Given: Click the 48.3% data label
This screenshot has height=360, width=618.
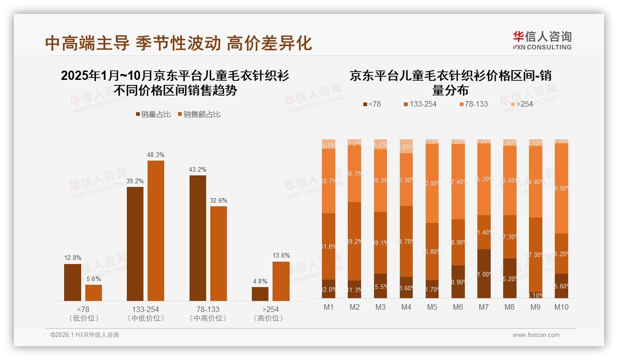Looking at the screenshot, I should [155, 155].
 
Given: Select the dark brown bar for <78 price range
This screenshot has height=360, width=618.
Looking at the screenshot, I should [72, 282].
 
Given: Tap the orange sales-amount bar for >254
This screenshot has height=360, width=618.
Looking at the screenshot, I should [281, 281].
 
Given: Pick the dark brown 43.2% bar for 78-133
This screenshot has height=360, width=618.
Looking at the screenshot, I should [198, 238].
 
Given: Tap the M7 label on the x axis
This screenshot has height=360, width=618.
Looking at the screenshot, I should [483, 307].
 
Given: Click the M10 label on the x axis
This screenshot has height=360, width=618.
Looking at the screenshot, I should [561, 307].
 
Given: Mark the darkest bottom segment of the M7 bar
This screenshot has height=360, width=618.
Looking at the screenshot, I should [483, 274].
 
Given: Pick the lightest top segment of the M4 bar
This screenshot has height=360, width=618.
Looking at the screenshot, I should [406, 146].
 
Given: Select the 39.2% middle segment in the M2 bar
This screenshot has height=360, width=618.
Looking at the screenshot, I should [355, 241].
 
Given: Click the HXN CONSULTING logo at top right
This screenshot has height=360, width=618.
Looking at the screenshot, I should [542, 41].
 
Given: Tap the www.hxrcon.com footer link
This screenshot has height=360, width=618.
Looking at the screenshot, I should [535, 335].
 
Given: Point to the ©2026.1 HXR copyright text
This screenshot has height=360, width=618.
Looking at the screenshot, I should [84, 335].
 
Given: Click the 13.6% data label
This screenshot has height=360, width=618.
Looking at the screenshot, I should [281, 256].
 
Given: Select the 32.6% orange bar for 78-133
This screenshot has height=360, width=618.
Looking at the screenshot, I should [219, 253].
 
